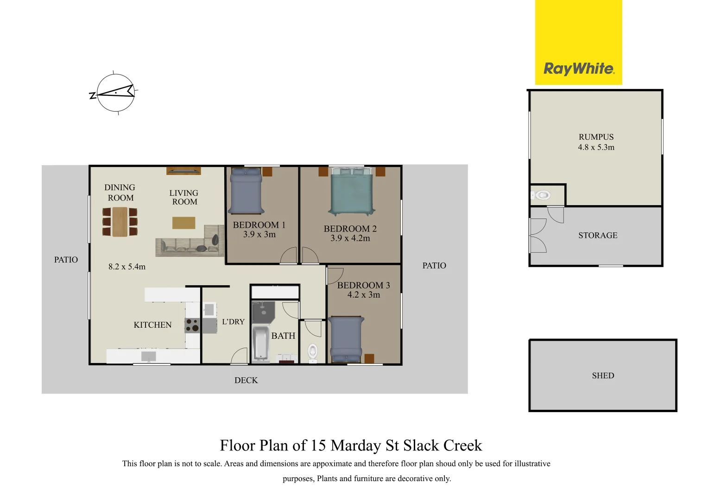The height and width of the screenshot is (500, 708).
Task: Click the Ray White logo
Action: pyautogui.click(x=579, y=69)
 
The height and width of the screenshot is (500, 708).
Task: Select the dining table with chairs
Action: pyautogui.click(x=120, y=222)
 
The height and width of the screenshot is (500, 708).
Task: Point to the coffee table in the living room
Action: pyautogui.click(x=183, y=223)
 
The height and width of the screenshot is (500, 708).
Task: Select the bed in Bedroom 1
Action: pyautogui.click(x=247, y=190)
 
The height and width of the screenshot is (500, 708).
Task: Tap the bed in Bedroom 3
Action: pyautogui.click(x=345, y=339)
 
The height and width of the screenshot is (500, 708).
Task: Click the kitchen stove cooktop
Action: pyautogui.click(x=192, y=325)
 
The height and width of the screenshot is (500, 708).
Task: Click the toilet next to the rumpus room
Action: pyautogui.click(x=542, y=195)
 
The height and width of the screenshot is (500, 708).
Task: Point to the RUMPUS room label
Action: pyautogui.click(x=596, y=137)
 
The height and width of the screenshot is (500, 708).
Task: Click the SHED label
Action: pyautogui.click(x=603, y=375)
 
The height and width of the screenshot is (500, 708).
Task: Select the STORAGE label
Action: pyautogui.click(x=598, y=235)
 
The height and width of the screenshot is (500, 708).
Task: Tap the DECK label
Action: pyautogui.click(x=246, y=380)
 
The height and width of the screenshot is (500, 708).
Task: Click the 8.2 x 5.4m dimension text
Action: pyautogui.click(x=127, y=267)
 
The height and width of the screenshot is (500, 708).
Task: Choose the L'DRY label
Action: pyautogui.click(x=233, y=322)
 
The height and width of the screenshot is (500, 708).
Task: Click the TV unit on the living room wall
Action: pyautogui.click(x=183, y=171)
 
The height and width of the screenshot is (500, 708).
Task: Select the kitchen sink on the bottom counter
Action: pyautogui.click(x=149, y=356)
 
